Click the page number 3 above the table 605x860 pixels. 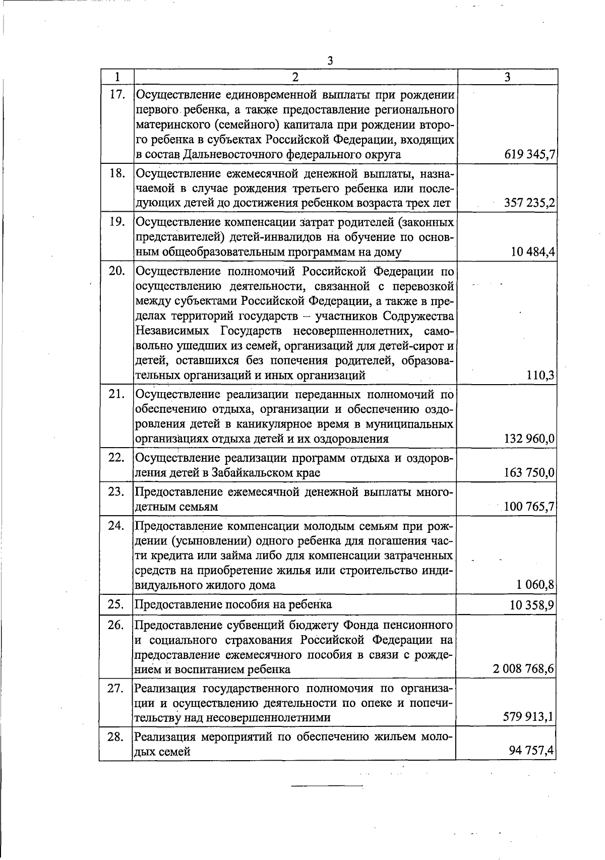pyautogui.click(x=330, y=61)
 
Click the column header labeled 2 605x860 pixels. pyautogui.click(x=295, y=77)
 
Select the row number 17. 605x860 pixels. pyautogui.click(x=116, y=94)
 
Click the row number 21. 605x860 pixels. pyautogui.click(x=116, y=394)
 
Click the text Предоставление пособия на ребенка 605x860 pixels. pyautogui.click(x=233, y=604)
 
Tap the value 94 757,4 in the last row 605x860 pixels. pyautogui.click(x=532, y=752)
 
